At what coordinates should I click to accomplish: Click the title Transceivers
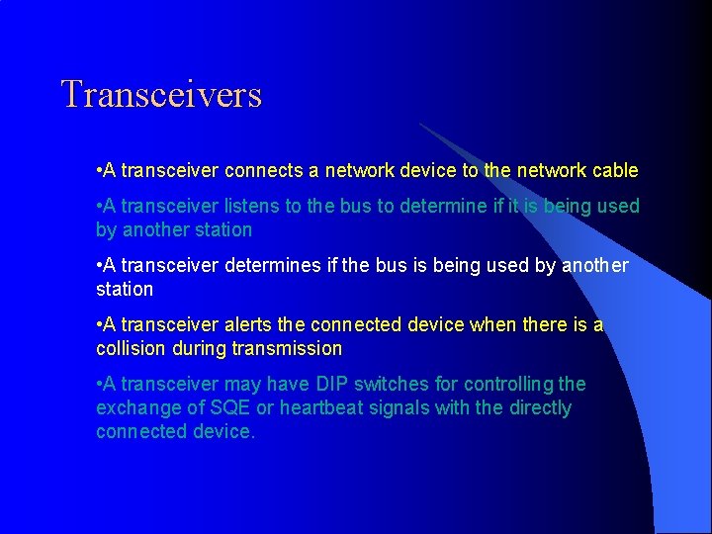(161, 95)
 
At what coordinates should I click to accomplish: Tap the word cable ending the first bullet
(615, 170)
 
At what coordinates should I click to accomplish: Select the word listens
(256, 206)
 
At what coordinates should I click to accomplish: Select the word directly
(538, 407)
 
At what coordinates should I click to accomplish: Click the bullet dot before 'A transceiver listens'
(99, 206)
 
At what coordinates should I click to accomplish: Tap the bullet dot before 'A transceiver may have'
(99, 384)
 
